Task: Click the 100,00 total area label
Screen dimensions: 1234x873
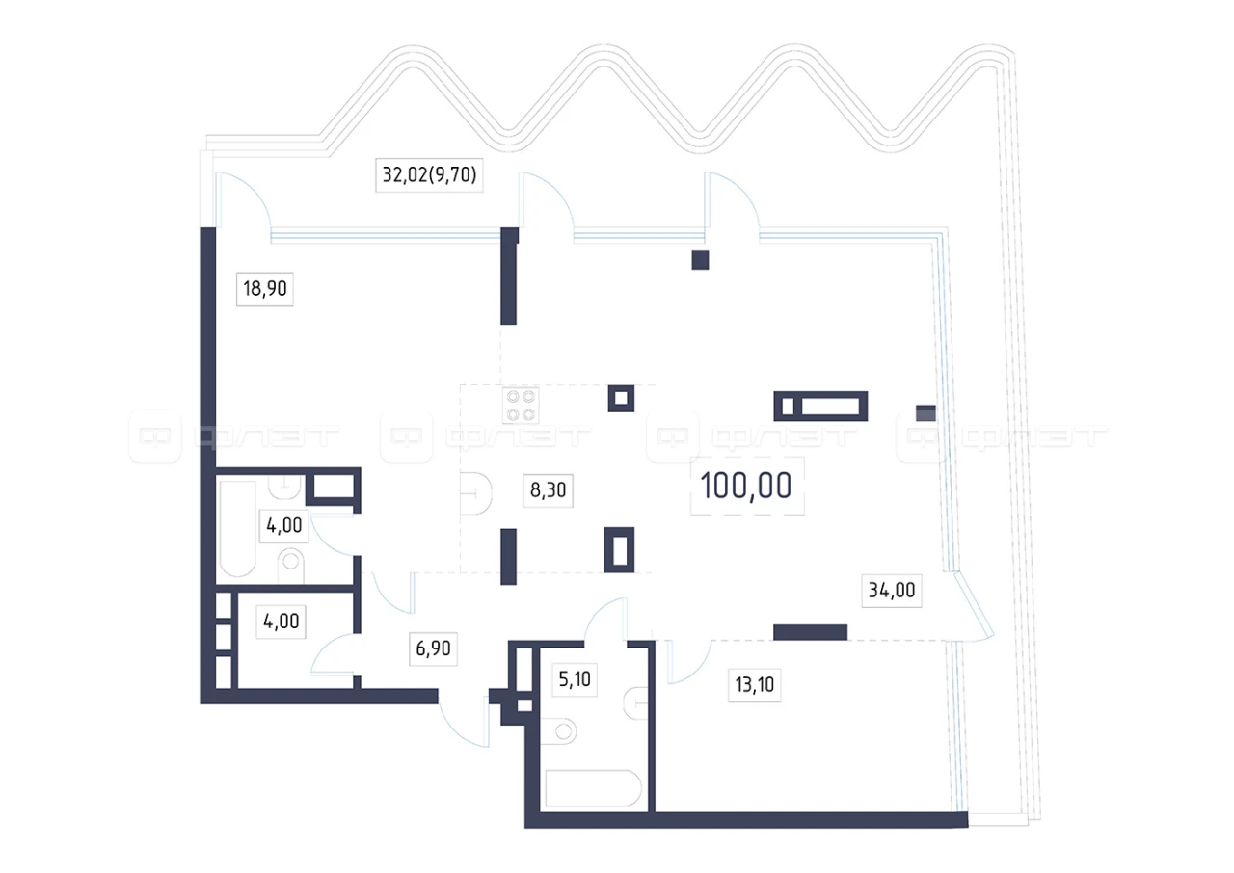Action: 746,486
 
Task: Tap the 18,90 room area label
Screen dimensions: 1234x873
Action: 265,288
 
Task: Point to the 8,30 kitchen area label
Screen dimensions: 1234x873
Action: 549,489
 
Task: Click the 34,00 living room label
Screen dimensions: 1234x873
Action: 892,590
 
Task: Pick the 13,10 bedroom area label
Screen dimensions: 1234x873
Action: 754,684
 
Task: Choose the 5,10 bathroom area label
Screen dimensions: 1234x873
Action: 575,678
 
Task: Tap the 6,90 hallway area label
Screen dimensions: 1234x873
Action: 433,648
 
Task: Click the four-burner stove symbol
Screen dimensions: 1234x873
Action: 521,406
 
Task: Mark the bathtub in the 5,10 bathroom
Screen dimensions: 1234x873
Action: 593,787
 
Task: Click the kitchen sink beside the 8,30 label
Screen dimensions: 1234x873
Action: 476,493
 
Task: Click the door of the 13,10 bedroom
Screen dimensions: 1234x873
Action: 688,662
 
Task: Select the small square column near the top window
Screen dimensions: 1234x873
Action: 700,260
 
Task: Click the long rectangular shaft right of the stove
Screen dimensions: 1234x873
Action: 820,407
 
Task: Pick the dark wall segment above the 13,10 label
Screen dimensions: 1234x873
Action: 810,632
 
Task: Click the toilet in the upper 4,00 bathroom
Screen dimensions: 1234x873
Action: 291,565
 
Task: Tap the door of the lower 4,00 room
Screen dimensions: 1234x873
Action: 335,654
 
